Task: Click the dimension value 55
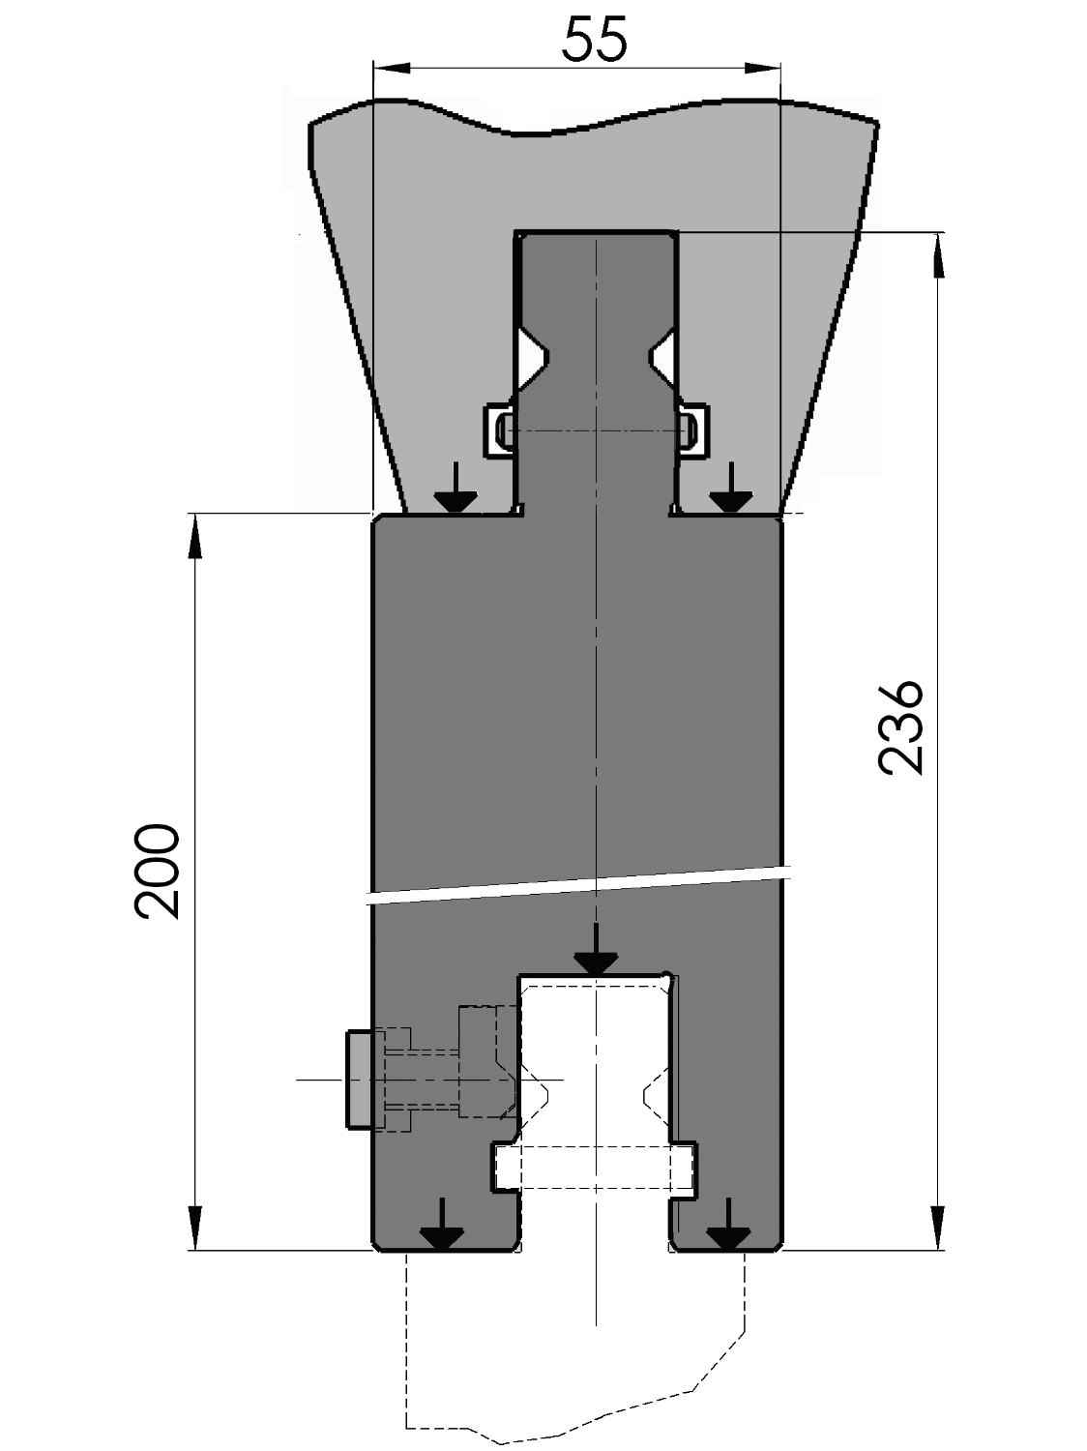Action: (x=594, y=40)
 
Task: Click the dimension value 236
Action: (x=900, y=726)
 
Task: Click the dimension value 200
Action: (x=157, y=871)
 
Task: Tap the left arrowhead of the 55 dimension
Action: (x=392, y=68)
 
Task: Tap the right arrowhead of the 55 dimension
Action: (x=763, y=68)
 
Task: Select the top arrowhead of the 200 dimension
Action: (x=195, y=536)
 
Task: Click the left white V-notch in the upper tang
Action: (x=531, y=358)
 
